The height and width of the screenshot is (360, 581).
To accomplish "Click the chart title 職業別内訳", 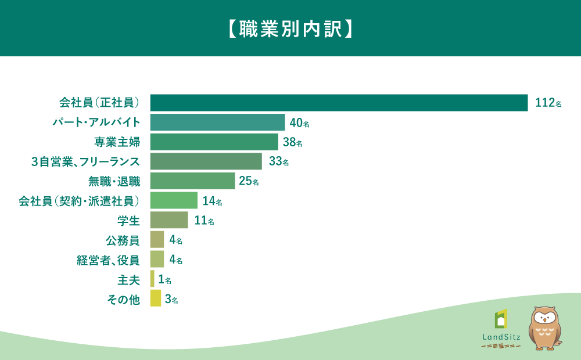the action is pyautogui.click(x=290, y=29).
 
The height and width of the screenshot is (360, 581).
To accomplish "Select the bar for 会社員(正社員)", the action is pyautogui.click(x=339, y=103).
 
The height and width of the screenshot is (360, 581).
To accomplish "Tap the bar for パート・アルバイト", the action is pyautogui.click(x=217, y=122).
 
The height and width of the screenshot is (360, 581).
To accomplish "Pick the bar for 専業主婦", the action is pyautogui.click(x=214, y=142).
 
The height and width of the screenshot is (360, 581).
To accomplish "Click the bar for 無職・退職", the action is pyautogui.click(x=193, y=181).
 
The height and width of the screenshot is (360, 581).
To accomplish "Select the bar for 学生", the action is pyautogui.click(x=169, y=220).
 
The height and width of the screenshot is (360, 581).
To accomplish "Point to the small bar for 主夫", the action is pyautogui.click(x=152, y=279).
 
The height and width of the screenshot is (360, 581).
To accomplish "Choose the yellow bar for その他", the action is pyautogui.click(x=156, y=298).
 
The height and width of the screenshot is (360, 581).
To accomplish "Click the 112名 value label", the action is pyautogui.click(x=548, y=103).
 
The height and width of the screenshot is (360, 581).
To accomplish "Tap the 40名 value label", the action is pyautogui.click(x=299, y=123).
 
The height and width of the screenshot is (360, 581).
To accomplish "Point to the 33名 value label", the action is pyautogui.click(x=279, y=161).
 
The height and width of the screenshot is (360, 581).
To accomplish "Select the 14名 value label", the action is pyautogui.click(x=212, y=201).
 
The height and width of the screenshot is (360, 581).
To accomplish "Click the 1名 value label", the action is pyautogui.click(x=165, y=279).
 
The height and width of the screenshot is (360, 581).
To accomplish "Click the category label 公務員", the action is pyautogui.click(x=123, y=241).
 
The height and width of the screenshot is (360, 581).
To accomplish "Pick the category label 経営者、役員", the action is pyautogui.click(x=108, y=260).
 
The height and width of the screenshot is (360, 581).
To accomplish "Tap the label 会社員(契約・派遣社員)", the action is pyautogui.click(x=79, y=201).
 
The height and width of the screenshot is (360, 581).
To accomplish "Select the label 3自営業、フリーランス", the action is pyautogui.click(x=85, y=162).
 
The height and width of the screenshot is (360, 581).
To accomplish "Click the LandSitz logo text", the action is pyautogui.click(x=501, y=337).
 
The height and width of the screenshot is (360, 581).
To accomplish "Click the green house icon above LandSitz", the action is pyautogui.click(x=501, y=319).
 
